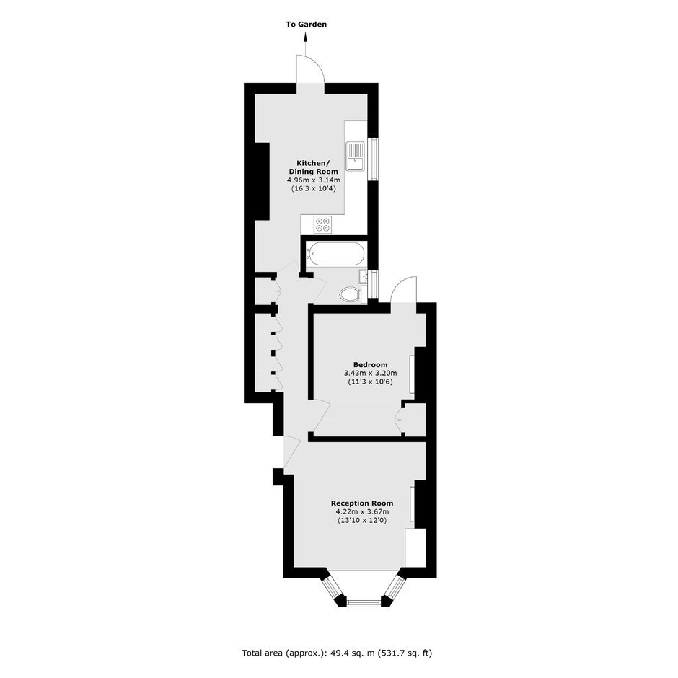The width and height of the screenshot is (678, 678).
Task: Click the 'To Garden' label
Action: [x=306, y=25]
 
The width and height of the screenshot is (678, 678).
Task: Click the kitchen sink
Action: [x=356, y=156]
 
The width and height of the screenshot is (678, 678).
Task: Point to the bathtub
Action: [x=335, y=253]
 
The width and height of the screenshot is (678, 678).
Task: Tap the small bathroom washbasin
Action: [x=364, y=277]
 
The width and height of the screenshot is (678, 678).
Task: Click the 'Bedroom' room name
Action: [x=371, y=364]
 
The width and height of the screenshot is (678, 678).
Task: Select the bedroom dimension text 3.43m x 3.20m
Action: [x=371, y=373]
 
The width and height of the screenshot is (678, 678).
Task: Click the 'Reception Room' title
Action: [x=362, y=503]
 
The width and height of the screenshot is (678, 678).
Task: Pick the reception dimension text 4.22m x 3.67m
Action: [x=362, y=512]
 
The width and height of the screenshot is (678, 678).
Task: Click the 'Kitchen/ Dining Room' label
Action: [x=312, y=167]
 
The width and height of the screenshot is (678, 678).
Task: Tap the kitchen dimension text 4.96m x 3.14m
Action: [x=314, y=180]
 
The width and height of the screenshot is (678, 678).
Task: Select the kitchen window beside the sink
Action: [x=373, y=159]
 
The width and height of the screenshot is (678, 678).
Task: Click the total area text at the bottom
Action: [x=337, y=653]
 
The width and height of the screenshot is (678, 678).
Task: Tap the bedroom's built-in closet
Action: [x=414, y=420]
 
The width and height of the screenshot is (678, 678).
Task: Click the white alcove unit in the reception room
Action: [x=415, y=547]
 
